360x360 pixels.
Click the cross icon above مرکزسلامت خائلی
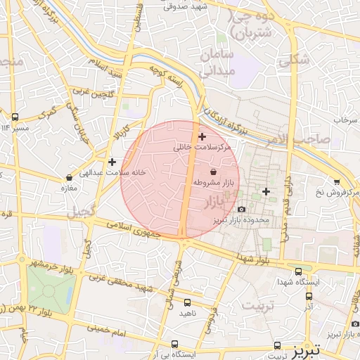[202, 136]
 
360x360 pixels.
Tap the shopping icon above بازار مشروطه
[214, 172]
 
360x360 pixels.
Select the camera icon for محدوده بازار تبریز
[242, 209]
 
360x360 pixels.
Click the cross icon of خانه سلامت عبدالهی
[112, 162]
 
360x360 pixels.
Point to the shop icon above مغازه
[69, 178]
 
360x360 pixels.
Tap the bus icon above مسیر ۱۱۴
[15, 117]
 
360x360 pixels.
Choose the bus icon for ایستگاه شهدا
[298, 271]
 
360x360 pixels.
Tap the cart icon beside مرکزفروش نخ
[337, 182]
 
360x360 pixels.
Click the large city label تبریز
[307, 349]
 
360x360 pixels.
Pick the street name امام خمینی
[105, 329]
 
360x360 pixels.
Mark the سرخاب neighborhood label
[345, 120]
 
